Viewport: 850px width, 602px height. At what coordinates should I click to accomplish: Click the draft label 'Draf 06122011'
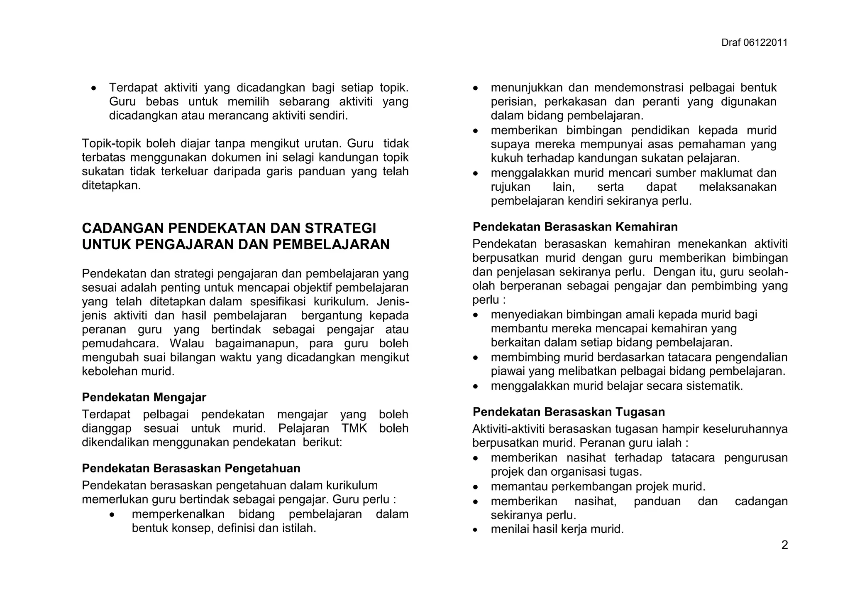(754, 43)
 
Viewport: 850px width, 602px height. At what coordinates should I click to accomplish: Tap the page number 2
(784, 545)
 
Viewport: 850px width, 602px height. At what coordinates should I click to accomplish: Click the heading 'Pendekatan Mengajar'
(144, 397)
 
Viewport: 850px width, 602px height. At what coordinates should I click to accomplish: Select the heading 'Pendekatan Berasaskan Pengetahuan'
(191, 468)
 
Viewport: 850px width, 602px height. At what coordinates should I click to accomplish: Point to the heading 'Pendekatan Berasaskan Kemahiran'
(575, 227)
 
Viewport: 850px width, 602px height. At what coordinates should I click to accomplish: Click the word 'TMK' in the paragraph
(354, 428)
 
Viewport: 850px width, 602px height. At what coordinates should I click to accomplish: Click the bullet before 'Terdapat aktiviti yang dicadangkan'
(95, 88)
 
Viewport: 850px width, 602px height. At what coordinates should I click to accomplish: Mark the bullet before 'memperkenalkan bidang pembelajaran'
(112, 515)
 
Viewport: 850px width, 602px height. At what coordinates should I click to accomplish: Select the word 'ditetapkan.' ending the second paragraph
(111, 186)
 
